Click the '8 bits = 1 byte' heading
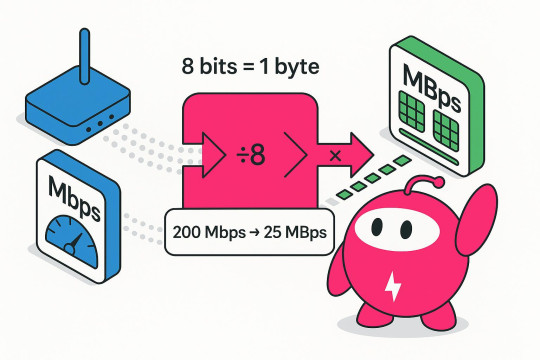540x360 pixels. point(243,67)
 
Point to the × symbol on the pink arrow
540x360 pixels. point(335,156)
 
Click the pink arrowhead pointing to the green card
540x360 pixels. point(359,151)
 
